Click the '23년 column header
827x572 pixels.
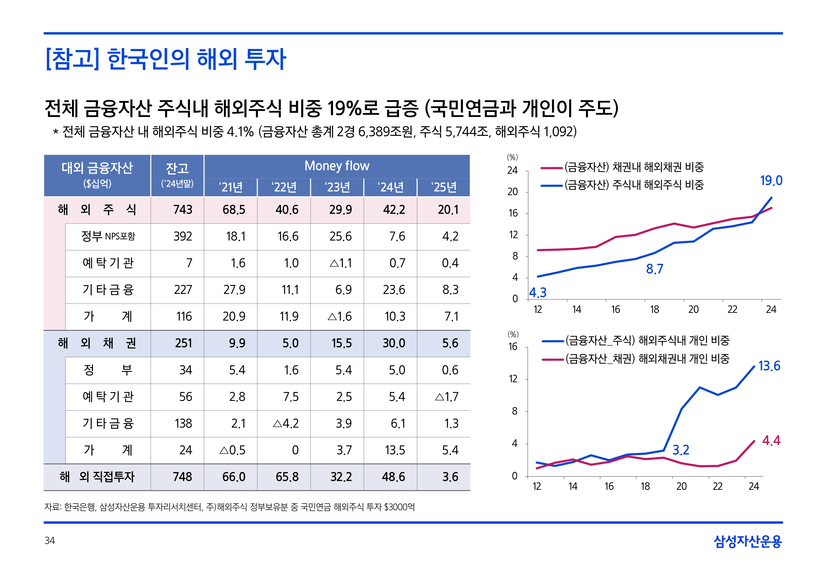(x=337, y=187)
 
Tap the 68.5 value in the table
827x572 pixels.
(x=234, y=210)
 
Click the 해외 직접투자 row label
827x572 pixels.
(x=97, y=477)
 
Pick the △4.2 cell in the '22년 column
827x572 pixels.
(x=286, y=423)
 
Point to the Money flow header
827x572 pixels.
(x=337, y=166)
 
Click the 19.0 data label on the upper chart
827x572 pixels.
(x=771, y=181)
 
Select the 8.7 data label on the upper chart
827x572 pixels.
(x=654, y=269)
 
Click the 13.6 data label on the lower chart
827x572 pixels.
(x=769, y=366)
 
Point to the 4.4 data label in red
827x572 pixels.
(x=771, y=441)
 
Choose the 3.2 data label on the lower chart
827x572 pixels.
(x=681, y=450)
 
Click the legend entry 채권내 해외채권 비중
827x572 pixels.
(x=634, y=167)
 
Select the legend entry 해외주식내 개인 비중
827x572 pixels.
(x=647, y=340)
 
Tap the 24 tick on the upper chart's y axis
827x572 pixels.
(x=512, y=171)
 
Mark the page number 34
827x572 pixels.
(x=50, y=540)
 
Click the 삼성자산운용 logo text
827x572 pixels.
(x=748, y=541)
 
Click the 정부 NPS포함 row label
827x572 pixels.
(x=108, y=236)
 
